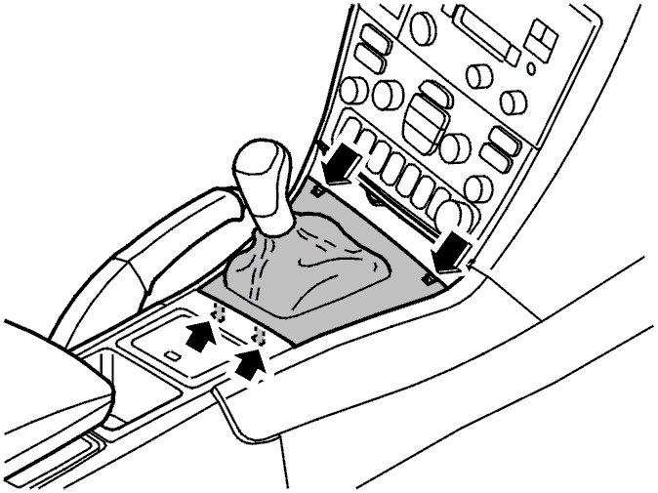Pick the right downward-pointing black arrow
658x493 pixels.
[451, 250]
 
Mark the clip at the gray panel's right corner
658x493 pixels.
[430, 277]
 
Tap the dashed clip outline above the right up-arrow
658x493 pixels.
[259, 335]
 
